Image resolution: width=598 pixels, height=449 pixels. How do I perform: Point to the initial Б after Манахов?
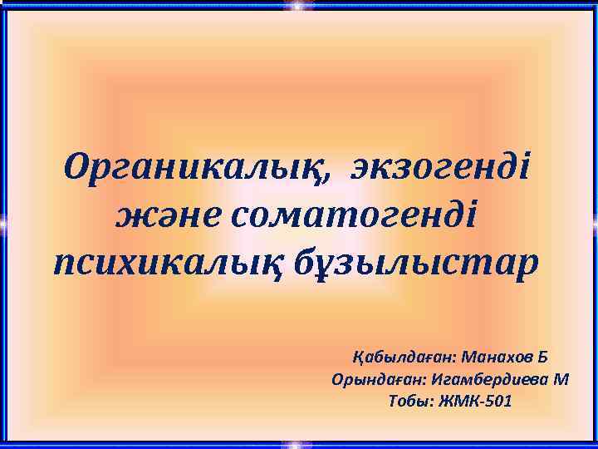click(542, 358)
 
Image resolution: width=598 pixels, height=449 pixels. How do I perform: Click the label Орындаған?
click(378, 380)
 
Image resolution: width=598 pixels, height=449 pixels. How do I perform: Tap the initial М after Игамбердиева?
click(561, 380)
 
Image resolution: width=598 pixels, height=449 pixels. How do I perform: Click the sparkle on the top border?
click(297, 6)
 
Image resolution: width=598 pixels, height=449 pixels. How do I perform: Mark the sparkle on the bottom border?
click(297, 443)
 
